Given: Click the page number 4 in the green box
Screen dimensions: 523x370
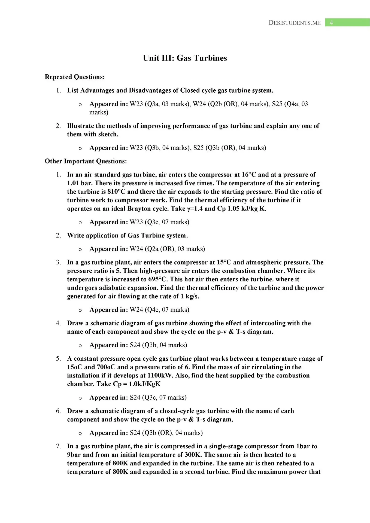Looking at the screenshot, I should [x=331, y=23].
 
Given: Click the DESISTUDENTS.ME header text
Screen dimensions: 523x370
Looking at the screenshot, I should [x=295, y=23].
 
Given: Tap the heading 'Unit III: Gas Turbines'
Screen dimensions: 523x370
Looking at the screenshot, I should [x=185, y=58].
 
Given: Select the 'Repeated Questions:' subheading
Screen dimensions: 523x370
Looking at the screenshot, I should [x=75, y=77].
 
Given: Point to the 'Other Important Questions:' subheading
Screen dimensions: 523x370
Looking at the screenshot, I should [x=86, y=161].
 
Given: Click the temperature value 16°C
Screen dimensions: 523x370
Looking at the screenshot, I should [x=249, y=175].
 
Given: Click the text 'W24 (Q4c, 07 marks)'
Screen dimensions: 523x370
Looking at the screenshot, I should [x=159, y=310].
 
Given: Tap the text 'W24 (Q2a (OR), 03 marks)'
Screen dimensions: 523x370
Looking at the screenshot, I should [x=167, y=249].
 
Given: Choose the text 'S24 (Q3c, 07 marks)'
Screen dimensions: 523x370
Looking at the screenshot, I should [x=158, y=397].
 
